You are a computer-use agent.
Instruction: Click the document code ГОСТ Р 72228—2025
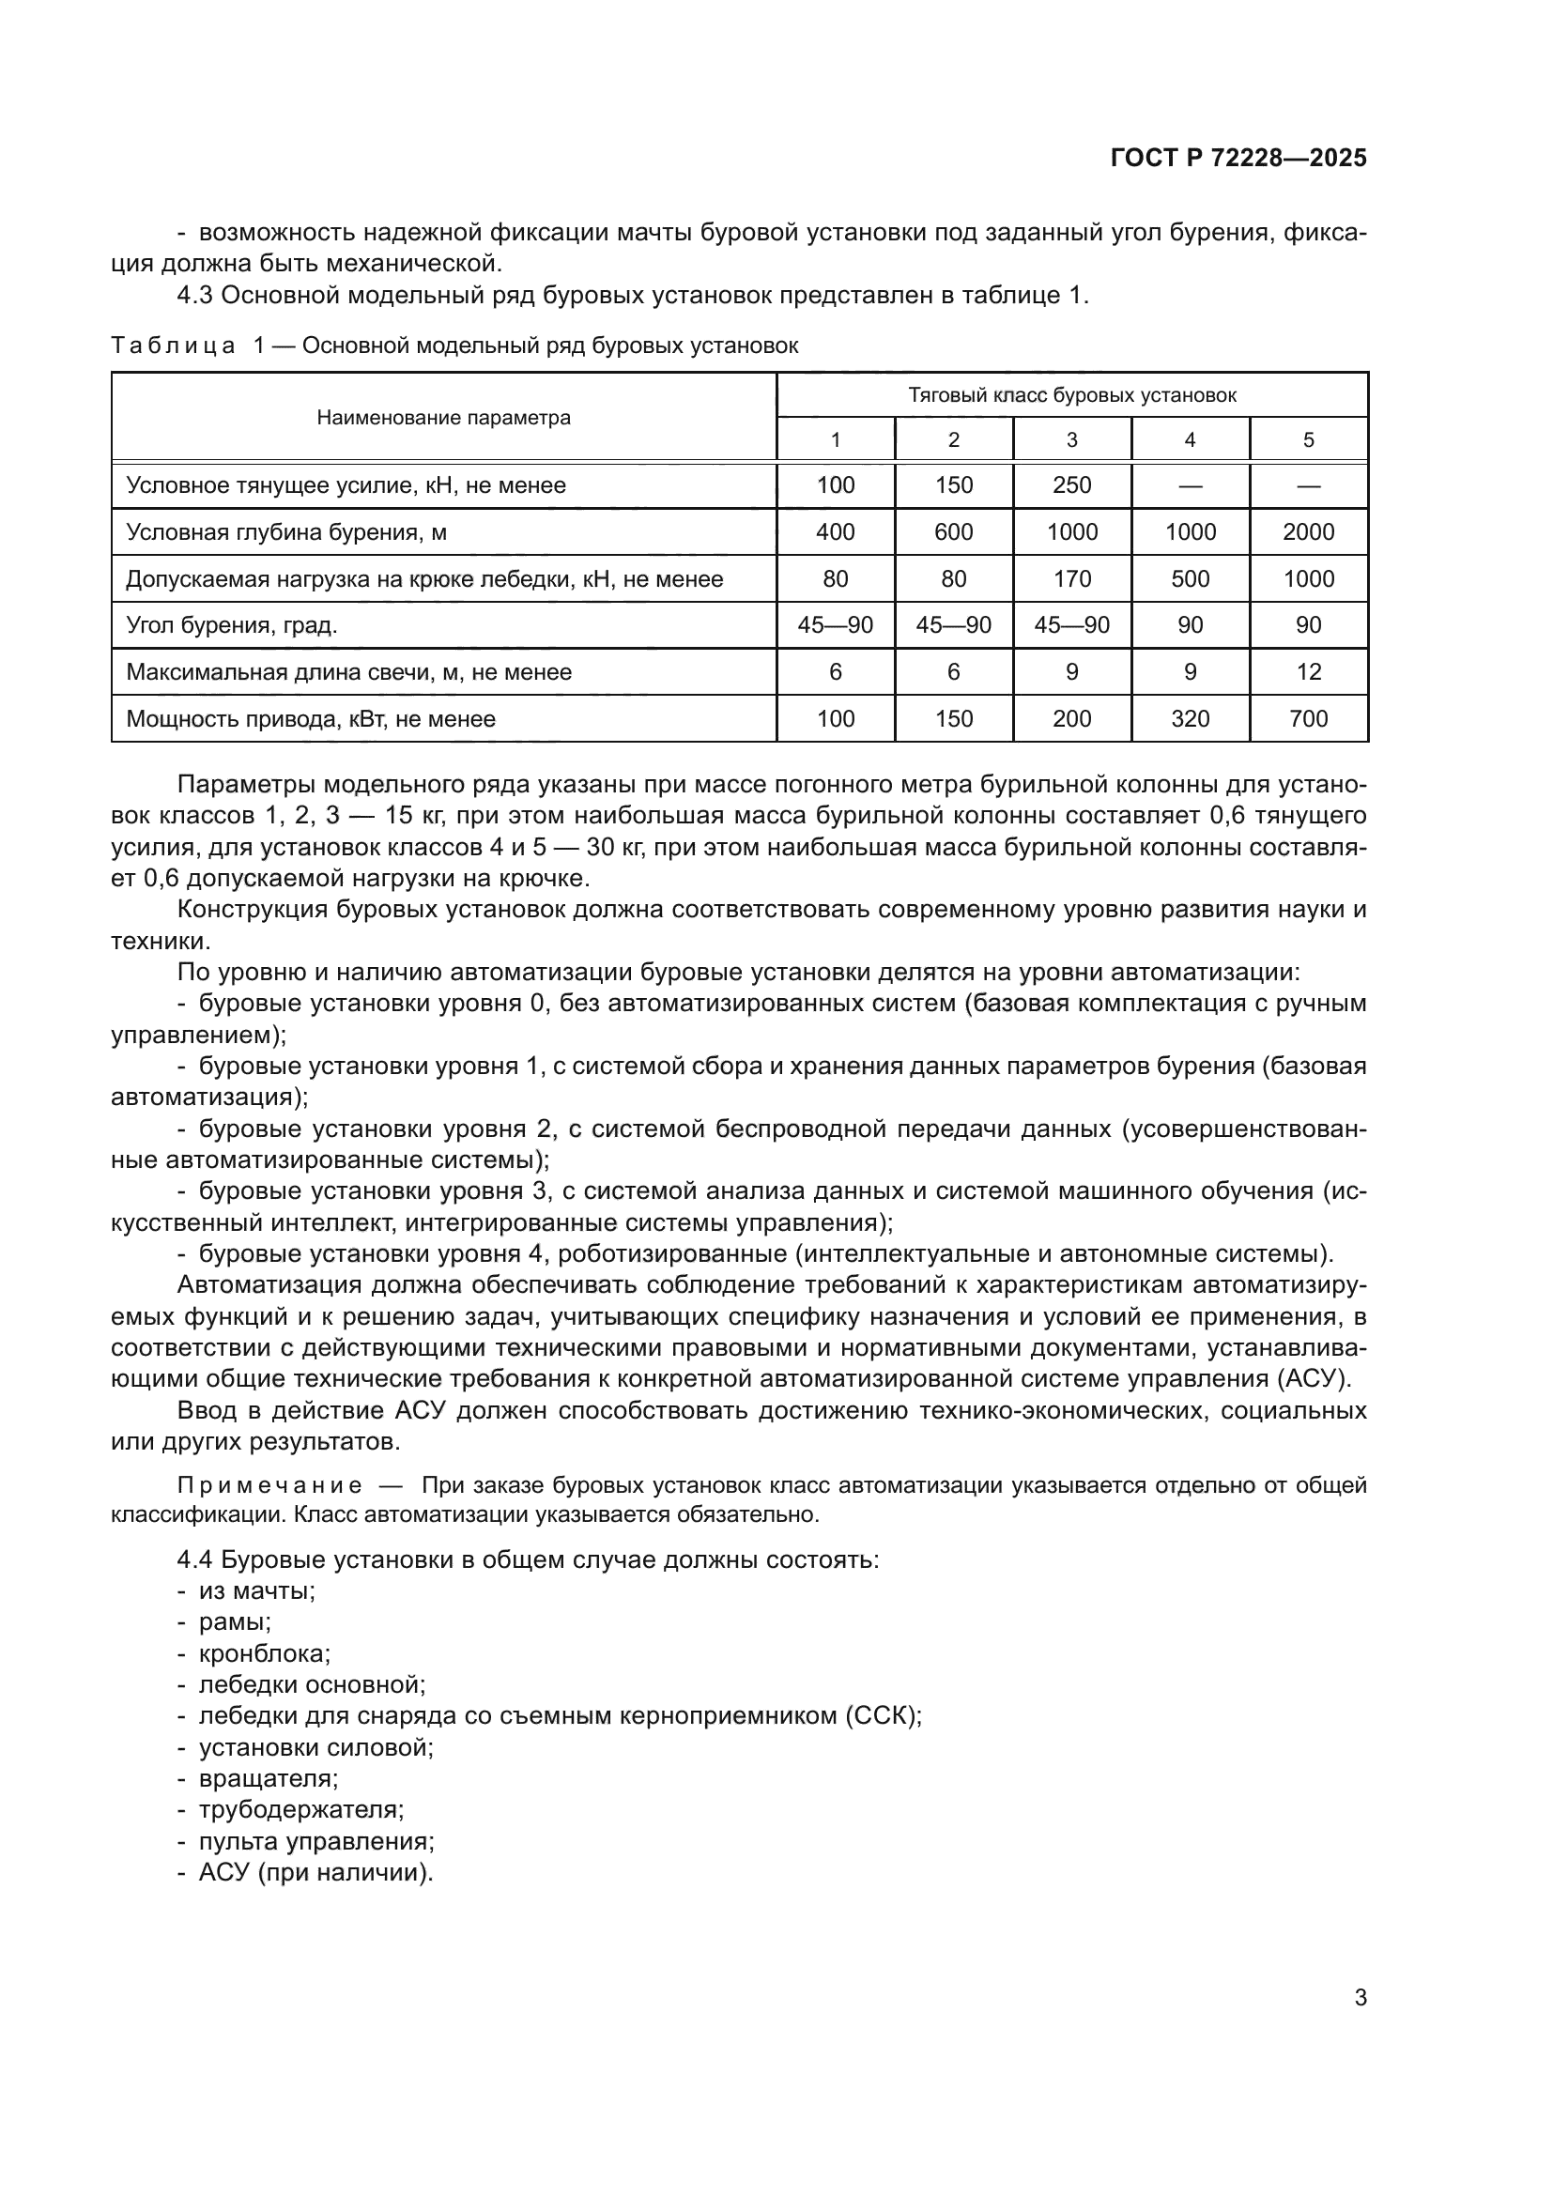click(x=1238, y=159)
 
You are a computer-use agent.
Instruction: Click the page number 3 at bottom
click(x=1360, y=1997)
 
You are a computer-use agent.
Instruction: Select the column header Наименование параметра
click(x=444, y=418)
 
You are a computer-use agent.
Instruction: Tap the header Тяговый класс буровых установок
click(x=1071, y=395)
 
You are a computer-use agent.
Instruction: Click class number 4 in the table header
click(x=1190, y=440)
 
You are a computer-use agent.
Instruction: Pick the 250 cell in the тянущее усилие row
click(x=1071, y=484)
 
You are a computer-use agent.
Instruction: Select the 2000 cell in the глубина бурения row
click(x=1307, y=531)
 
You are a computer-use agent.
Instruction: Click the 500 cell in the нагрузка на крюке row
click(x=1190, y=578)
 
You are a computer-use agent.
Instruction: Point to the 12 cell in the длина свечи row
click(x=1307, y=672)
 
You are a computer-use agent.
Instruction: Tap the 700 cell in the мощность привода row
click(x=1307, y=719)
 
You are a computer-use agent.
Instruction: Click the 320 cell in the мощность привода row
click(x=1190, y=719)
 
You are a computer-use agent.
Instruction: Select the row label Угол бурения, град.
click(x=232, y=625)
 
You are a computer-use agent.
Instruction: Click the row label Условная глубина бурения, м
click(x=286, y=531)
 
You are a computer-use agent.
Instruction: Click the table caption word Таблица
click(x=173, y=346)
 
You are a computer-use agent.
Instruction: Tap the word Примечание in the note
click(x=269, y=1485)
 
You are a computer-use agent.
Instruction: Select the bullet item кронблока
click(x=264, y=1653)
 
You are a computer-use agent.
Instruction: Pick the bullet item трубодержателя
click(x=300, y=1809)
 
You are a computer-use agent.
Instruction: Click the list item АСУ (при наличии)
click(x=315, y=1872)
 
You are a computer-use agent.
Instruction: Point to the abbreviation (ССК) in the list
click(x=882, y=1716)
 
